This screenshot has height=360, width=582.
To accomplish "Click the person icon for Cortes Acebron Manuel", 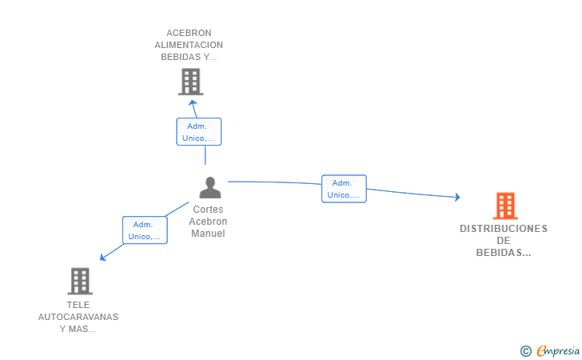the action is [x=210, y=187].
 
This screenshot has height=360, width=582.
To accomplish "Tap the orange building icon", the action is [x=505, y=206].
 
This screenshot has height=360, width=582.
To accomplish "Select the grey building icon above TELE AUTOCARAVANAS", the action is [x=80, y=282].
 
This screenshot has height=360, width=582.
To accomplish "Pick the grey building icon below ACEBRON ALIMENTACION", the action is [x=190, y=82].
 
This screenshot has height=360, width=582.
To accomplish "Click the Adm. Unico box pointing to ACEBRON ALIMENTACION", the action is [x=199, y=131].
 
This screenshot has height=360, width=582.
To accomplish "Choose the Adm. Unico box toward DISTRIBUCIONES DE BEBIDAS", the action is [x=344, y=189].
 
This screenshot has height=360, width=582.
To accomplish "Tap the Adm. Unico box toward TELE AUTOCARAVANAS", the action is [x=145, y=230].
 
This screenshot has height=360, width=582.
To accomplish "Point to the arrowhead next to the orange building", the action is [x=457, y=197].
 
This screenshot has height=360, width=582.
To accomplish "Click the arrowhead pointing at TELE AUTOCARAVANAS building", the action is [x=103, y=257].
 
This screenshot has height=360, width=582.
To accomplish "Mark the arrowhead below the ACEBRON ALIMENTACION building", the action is [x=192, y=103].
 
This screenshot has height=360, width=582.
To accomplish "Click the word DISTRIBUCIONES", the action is [x=504, y=229].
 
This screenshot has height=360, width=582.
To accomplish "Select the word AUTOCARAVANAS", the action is [x=78, y=317].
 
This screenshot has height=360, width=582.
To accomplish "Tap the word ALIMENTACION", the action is [x=189, y=45].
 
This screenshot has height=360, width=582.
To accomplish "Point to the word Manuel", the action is [x=208, y=234].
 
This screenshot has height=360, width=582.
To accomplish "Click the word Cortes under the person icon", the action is [x=208, y=209].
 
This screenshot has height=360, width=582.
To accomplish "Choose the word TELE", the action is [x=78, y=305].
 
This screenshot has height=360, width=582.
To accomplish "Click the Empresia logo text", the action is [x=558, y=350].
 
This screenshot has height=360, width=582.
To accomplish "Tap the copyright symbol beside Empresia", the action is [x=525, y=351].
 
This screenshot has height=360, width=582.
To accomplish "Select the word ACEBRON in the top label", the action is [x=189, y=33].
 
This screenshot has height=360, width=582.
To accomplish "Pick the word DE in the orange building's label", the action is [x=504, y=241].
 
